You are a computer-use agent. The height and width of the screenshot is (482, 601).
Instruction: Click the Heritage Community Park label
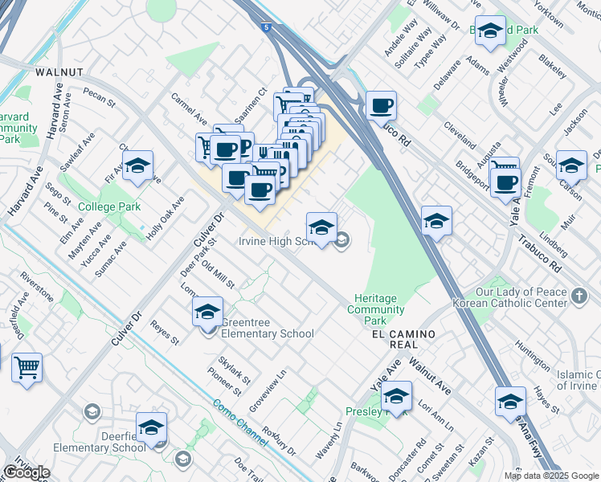coord(375,309)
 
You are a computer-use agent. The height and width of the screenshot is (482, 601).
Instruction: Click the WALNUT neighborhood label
coord(59,72)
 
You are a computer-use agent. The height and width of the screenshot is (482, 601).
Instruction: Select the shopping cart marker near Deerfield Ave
coord(27,368)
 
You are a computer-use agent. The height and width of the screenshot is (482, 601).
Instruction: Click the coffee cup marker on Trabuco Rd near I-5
coord(381,106)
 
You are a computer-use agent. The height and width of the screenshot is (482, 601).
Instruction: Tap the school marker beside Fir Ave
coord(138,166)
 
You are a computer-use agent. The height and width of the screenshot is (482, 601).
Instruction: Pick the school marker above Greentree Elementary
coord(207,311)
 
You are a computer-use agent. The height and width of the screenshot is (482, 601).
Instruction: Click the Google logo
coord(26,472)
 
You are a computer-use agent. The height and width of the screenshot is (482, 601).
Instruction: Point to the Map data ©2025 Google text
coord(551,476)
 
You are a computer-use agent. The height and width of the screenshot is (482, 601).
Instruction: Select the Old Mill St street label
coord(219,274)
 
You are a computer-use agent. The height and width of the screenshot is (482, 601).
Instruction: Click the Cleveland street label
coord(460,135)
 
